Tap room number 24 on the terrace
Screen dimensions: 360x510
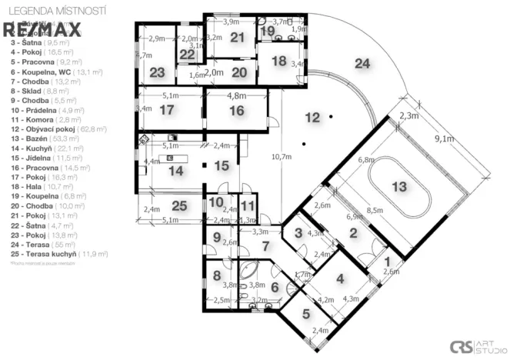[362, 64]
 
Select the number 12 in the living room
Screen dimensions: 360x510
[311, 118]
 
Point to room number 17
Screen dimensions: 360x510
[168, 110]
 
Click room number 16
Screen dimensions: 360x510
[236, 111]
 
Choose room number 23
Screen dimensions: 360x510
[157, 72]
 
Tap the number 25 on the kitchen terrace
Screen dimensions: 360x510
[178, 205]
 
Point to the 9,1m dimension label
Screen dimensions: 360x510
[443, 139]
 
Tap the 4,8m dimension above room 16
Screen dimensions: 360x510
[236, 96]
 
